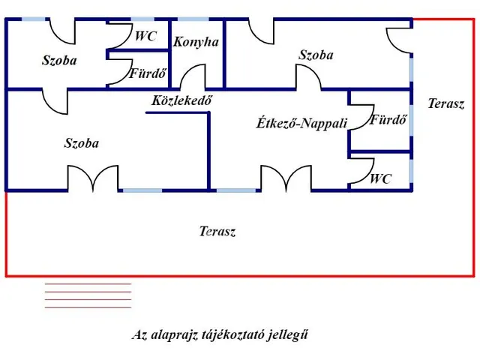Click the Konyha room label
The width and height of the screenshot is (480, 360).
pyautogui.click(x=196, y=42)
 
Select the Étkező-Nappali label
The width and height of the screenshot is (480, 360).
pyautogui.click(x=301, y=123)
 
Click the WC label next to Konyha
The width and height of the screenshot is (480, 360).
pyautogui.click(x=145, y=36)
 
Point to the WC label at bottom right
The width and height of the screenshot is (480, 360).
pyautogui.click(x=380, y=179)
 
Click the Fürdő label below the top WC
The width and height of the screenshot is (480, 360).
pyautogui.click(x=148, y=74)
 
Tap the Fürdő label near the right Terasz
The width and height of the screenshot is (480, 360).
pyautogui.click(x=388, y=119)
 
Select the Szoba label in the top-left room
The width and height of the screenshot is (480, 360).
pyautogui.click(x=59, y=61)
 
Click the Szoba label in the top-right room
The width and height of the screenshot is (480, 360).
pyautogui.click(x=316, y=55)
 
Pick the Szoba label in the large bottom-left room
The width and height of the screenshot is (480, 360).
pyautogui.click(x=82, y=143)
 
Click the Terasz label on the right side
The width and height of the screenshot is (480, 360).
pyautogui.click(x=445, y=104)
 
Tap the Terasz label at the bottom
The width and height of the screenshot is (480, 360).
pyautogui.click(x=217, y=232)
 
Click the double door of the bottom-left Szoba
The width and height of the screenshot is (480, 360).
pyautogui.click(x=93, y=178)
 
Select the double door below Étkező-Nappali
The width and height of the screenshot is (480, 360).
pyautogui.click(x=286, y=178)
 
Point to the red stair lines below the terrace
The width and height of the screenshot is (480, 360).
pyautogui.click(x=88, y=295)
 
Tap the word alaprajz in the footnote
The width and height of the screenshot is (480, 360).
pyautogui.click(x=173, y=335)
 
